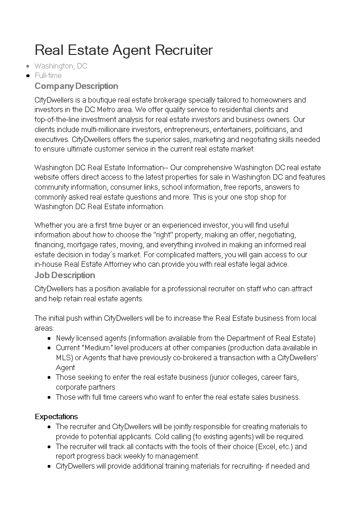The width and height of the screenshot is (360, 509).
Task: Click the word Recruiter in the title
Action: tap(184, 50)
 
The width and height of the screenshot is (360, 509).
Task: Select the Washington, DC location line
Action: tap(61, 66)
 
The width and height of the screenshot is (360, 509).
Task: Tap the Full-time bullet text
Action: tap(48, 76)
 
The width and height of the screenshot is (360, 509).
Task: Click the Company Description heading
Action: tap(76, 86)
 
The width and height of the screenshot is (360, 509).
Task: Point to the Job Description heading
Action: tap(65, 275)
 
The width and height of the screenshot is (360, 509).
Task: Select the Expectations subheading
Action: tap(56, 416)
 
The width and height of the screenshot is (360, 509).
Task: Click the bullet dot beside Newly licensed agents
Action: tap(49, 338)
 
